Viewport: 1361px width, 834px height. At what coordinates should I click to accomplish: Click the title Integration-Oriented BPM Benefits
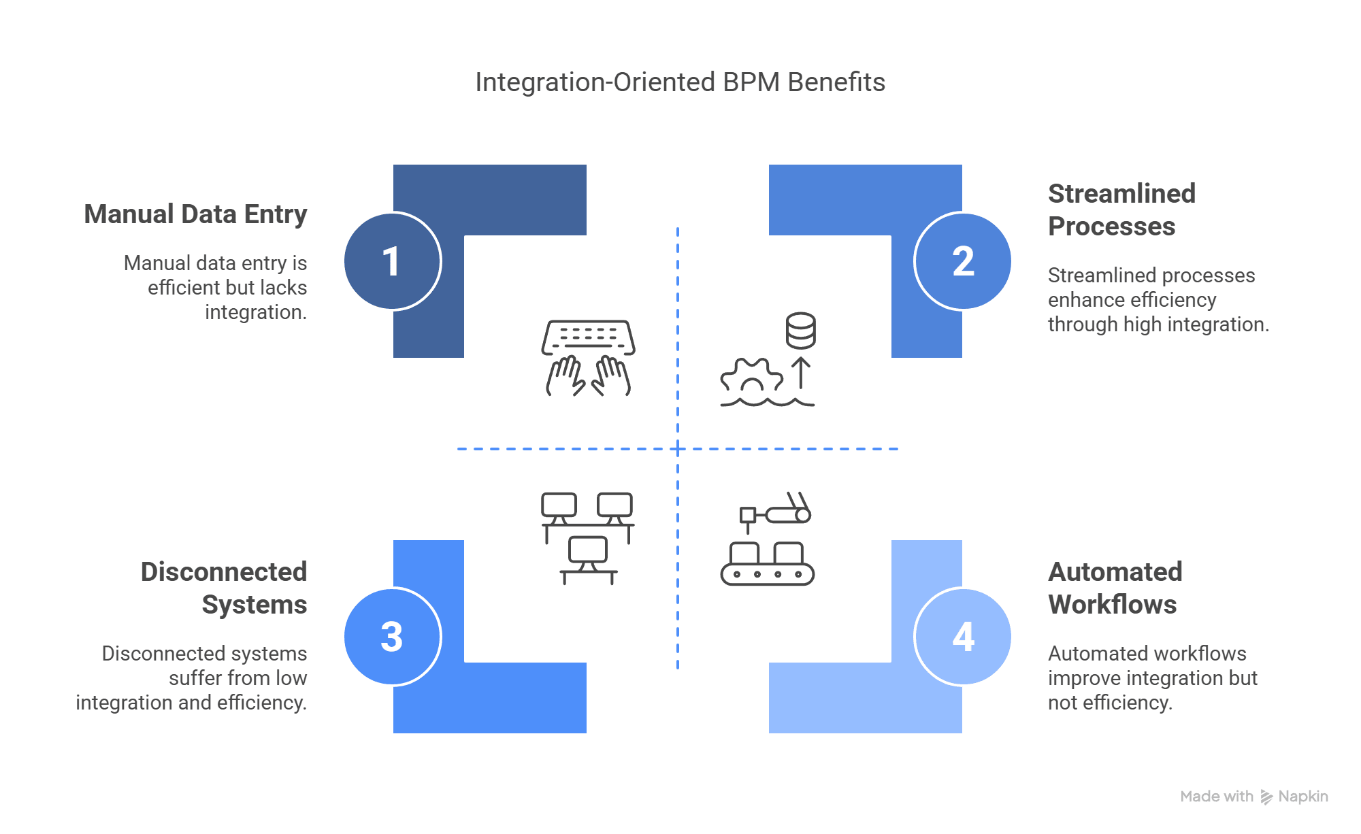tap(680, 82)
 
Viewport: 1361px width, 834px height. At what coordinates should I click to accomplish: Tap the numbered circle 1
tap(393, 261)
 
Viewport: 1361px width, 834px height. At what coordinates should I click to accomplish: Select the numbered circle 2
tap(962, 261)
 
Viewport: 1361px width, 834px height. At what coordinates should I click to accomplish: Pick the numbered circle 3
tap(393, 637)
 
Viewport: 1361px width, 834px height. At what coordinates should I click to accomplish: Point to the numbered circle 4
tap(962, 637)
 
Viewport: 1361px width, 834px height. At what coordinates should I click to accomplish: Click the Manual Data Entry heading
tap(195, 214)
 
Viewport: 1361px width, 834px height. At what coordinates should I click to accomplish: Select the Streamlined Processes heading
tap(1121, 210)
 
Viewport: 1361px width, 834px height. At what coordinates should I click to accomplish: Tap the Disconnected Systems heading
tap(224, 588)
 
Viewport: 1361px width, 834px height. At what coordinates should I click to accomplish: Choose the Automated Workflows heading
tap(1115, 588)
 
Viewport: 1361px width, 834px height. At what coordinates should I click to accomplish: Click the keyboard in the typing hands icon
tap(589, 337)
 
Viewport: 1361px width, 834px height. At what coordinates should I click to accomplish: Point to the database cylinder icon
tap(801, 331)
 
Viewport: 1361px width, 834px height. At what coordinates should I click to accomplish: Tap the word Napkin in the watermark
tap(1303, 797)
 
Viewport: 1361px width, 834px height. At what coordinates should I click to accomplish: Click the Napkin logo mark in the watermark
tap(1266, 797)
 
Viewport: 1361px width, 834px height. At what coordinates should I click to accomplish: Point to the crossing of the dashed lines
tap(678, 449)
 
